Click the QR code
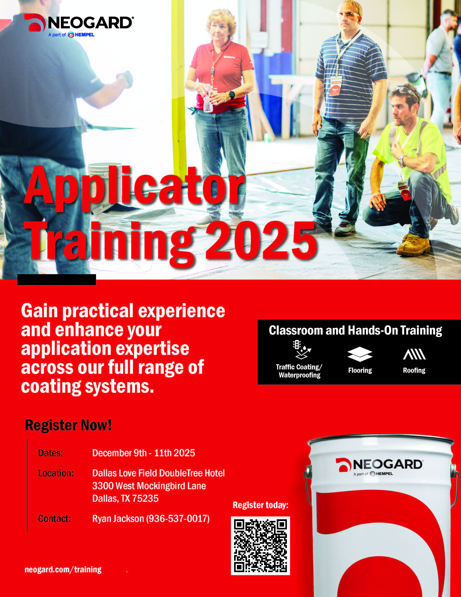click(x=260, y=546)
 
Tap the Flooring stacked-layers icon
click(x=360, y=354)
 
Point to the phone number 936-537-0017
click(x=178, y=519)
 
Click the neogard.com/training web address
click(x=63, y=569)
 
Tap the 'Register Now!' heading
click(x=68, y=425)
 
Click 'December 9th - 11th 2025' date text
click(x=144, y=453)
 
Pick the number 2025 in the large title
click(x=261, y=241)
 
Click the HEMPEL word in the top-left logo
click(x=85, y=35)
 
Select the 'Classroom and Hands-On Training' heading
click(x=355, y=330)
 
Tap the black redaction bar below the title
click(x=57, y=280)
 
